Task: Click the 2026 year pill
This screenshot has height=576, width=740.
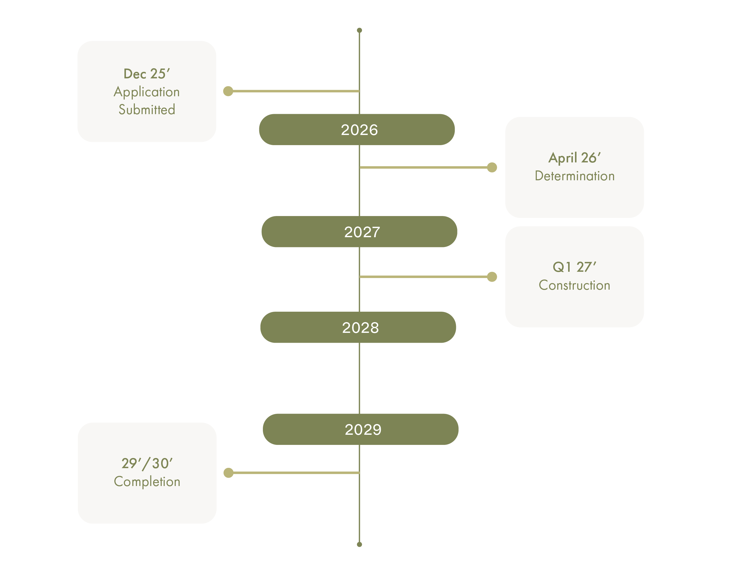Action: [x=357, y=130]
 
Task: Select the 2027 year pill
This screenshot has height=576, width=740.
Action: [x=359, y=232]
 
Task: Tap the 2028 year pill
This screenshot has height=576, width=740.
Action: [x=358, y=327]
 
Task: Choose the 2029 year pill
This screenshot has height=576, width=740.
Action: [x=360, y=429]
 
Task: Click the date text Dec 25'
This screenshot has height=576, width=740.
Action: [x=147, y=74]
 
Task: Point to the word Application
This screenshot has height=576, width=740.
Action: [x=147, y=92]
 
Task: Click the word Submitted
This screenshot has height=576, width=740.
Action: [x=147, y=110]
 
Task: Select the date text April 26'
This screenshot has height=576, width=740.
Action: [x=574, y=158]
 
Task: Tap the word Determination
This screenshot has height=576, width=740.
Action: [x=575, y=176]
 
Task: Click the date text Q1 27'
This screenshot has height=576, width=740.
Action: [x=574, y=267]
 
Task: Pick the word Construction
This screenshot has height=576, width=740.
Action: [x=575, y=285]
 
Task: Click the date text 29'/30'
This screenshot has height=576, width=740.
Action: [x=147, y=464]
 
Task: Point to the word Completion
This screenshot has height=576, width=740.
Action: [x=147, y=482]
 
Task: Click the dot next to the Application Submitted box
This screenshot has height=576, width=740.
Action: [x=228, y=91]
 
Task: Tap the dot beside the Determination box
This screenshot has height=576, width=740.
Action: [x=492, y=167]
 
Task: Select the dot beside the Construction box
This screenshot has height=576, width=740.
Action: [x=492, y=277]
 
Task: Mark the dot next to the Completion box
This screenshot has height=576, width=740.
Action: [x=228, y=473]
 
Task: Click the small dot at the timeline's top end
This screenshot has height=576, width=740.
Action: [x=360, y=30]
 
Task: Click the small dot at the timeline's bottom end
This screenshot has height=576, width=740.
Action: [x=360, y=544]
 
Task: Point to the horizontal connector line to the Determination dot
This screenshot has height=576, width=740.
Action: [x=423, y=167]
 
